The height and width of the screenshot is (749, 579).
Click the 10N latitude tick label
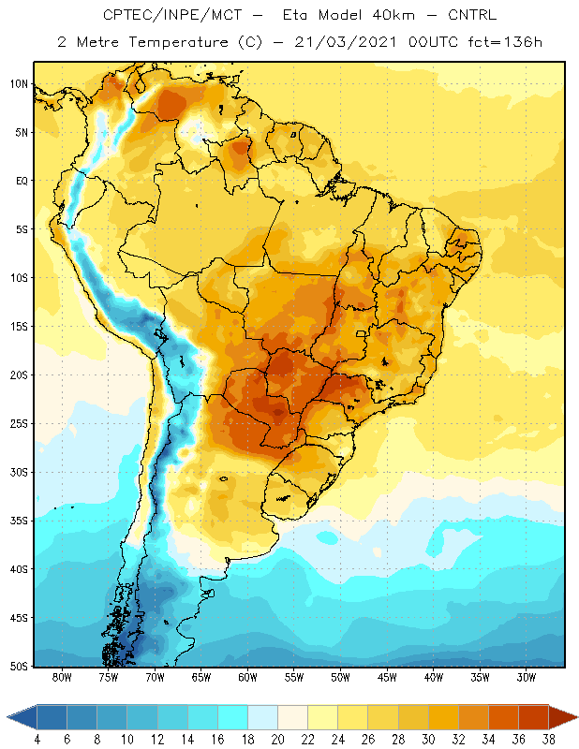pos(20,84)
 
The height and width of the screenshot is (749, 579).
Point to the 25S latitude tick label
pos(20,424)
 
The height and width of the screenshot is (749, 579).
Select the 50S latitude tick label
pos(20,666)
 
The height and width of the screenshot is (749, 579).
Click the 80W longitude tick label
pos(62,677)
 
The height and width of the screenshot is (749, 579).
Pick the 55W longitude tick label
pos(294,677)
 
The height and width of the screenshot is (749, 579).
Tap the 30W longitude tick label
pos(526,677)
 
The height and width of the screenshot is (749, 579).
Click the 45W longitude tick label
pos(387,677)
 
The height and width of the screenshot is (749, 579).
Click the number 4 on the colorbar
pos(37,740)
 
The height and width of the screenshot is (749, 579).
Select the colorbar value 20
pos(277,740)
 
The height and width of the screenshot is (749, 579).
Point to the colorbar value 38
pos(549,740)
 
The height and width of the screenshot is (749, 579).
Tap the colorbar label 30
pos(428,740)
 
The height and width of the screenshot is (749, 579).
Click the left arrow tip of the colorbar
pos(7,717)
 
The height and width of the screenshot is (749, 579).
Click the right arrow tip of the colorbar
pos(577,717)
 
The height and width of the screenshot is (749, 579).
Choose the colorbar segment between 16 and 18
pos(233,717)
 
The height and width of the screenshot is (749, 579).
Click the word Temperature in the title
pos(178,42)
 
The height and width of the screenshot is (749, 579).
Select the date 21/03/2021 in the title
pos(345,42)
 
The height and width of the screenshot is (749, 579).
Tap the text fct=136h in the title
pos(505,42)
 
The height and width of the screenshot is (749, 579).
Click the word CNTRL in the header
pos(472,15)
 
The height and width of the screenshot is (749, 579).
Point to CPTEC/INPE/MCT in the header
pos(172,15)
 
